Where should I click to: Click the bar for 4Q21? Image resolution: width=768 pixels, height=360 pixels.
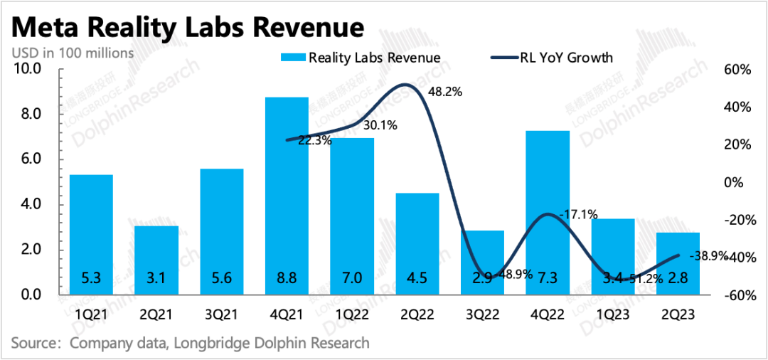(x=287, y=196)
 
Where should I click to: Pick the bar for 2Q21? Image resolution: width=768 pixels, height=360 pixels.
(x=156, y=260)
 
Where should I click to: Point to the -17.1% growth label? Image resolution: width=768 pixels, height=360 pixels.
(x=578, y=213)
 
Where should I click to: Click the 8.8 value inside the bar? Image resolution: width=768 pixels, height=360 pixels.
(x=287, y=277)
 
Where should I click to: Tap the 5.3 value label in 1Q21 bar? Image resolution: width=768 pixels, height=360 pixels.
(x=91, y=277)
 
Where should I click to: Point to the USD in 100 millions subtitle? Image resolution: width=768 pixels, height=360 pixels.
(x=72, y=52)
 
